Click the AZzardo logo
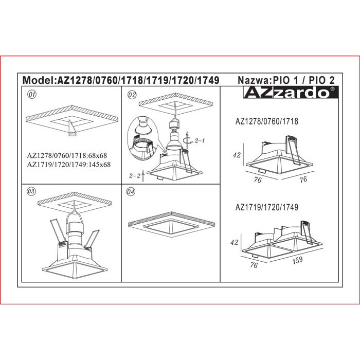(x=291, y=92)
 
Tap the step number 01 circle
(x=32, y=94)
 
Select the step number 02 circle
(x=132, y=95)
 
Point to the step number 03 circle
(x=32, y=191)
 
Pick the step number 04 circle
(x=131, y=192)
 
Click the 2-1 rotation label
(x=200, y=141)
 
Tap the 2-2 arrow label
(x=134, y=176)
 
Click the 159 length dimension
(x=298, y=261)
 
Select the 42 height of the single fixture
(x=237, y=155)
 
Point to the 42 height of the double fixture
(x=235, y=242)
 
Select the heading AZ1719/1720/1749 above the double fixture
(x=267, y=207)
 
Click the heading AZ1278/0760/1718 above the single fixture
(x=267, y=121)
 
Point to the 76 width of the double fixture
(x=254, y=265)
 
